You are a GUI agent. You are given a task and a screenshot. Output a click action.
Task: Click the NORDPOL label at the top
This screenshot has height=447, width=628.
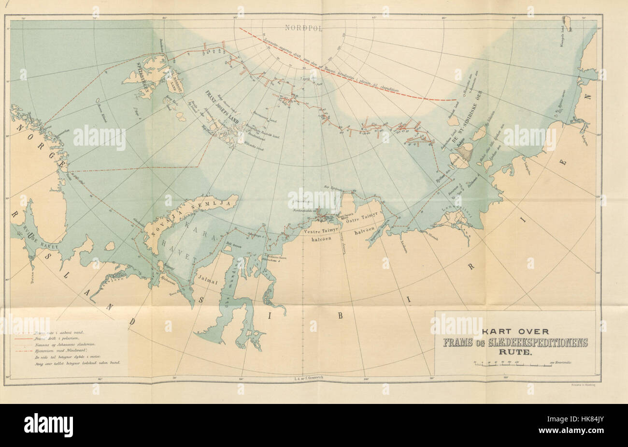[x=303, y=28]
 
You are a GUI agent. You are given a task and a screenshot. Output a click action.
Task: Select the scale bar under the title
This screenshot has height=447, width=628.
[x=512, y=363]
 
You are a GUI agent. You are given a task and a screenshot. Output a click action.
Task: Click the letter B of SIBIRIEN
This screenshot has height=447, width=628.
[x=339, y=315]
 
